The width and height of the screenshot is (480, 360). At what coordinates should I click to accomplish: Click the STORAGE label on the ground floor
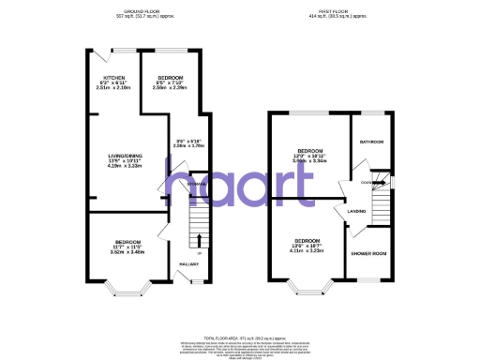click(x=196, y=185)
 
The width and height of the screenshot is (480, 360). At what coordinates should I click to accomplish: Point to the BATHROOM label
click(x=371, y=142)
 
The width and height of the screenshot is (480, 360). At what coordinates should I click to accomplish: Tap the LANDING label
click(x=356, y=212)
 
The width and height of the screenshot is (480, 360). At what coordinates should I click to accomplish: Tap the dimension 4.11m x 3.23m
click(x=308, y=250)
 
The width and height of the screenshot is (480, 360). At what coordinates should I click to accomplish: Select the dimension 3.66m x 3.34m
click(x=310, y=160)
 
